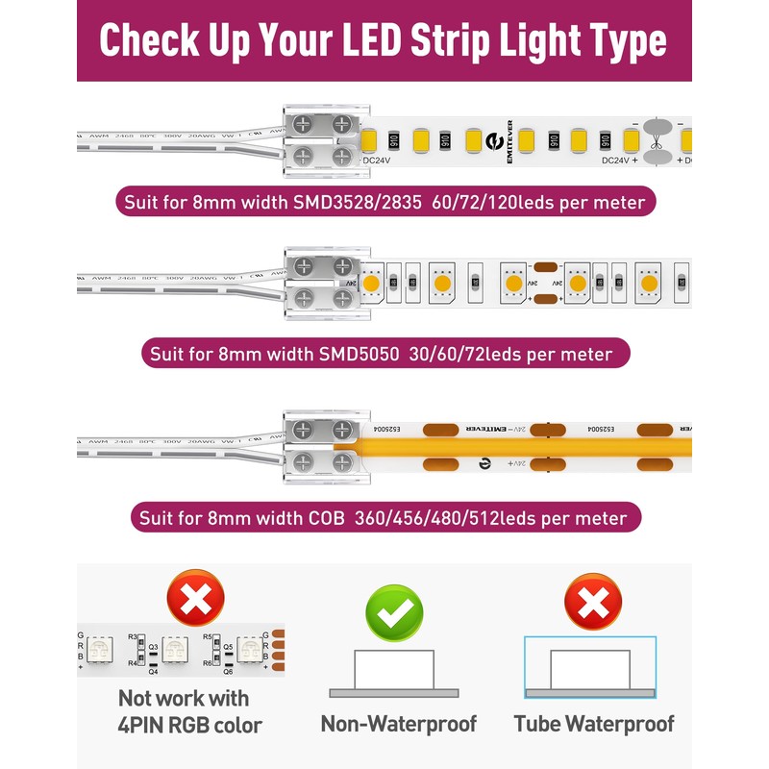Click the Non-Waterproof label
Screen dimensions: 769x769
pyautogui.click(x=398, y=724)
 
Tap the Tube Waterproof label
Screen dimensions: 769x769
pyautogui.click(x=593, y=724)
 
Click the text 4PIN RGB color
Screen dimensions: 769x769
pyautogui.click(x=189, y=726)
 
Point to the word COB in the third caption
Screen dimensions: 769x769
pyautogui.click(x=334, y=518)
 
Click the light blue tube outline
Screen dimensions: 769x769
pyautogui.click(x=590, y=666)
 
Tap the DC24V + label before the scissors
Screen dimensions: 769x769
pyautogui.click(x=620, y=161)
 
